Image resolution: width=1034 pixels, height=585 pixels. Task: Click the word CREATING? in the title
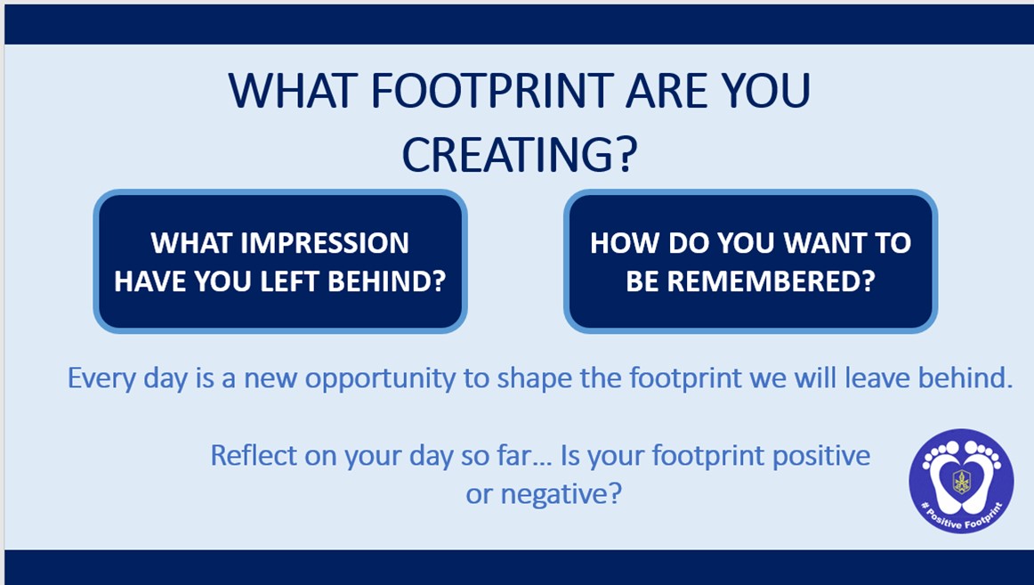coord(520,155)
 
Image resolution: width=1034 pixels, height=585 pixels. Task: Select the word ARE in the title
coord(666,90)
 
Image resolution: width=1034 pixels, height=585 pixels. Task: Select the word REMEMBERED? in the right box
coord(770,281)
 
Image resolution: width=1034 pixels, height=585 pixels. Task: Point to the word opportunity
coord(380,380)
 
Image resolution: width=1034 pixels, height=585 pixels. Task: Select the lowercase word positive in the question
coord(821,457)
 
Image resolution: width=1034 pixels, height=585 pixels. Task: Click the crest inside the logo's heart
coord(961,481)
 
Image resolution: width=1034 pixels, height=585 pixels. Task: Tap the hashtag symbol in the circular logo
coord(925,505)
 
